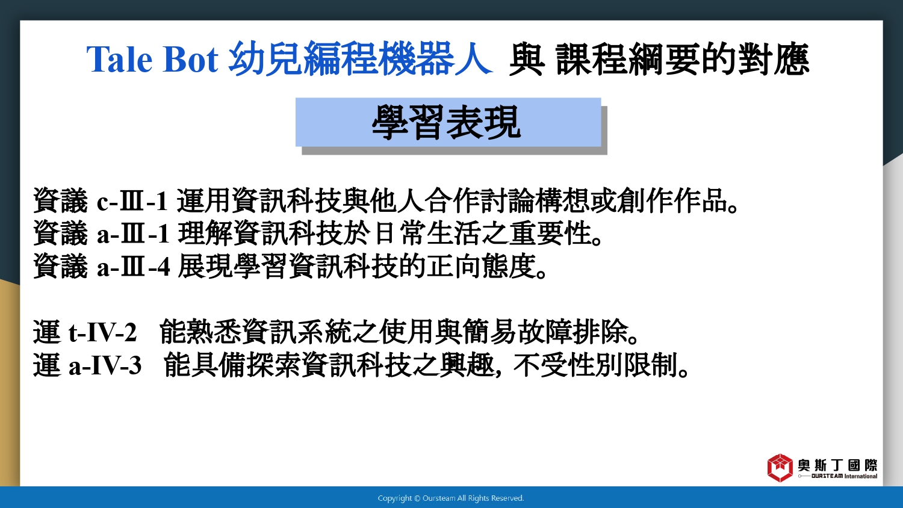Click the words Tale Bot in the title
pos(152,60)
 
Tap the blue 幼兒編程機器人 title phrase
pos(361,59)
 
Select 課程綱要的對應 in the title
pos(683,60)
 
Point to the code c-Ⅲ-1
pos(132,201)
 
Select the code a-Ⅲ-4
pos(134,267)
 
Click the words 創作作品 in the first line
pos(673,200)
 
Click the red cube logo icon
pos(780,468)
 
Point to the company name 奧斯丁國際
pos(838,465)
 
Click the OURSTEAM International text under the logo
pos(844,476)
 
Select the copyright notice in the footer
pos(451,498)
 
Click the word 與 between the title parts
pos(527,60)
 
